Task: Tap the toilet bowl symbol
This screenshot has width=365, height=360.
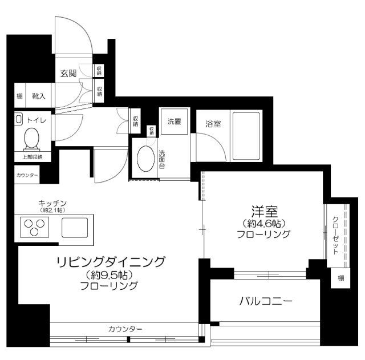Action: point(32,139)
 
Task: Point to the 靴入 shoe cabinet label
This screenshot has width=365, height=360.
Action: point(39,96)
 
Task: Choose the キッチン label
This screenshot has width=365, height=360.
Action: point(53,203)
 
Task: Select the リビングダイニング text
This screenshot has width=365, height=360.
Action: point(111,262)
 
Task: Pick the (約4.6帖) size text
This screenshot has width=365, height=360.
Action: point(263,223)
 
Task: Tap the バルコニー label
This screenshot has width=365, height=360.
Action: point(266,301)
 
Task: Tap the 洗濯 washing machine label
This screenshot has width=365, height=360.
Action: point(174,122)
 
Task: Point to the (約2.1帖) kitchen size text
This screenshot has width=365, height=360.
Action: point(53,211)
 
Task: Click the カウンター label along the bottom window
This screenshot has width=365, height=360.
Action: point(124,329)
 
